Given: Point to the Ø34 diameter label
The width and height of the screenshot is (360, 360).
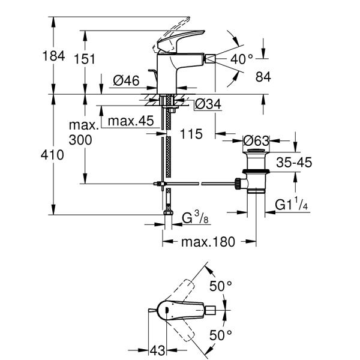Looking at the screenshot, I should point(208,104).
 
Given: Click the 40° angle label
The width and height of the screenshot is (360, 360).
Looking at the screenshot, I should point(242,58).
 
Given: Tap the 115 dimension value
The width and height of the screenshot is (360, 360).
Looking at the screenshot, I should point(191,133).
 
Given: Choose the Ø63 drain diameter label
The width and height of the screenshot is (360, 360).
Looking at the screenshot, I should point(256,141).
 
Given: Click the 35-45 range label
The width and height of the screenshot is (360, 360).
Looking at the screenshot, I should point(293,162).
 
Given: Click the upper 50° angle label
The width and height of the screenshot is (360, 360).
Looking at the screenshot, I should point(221,286).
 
